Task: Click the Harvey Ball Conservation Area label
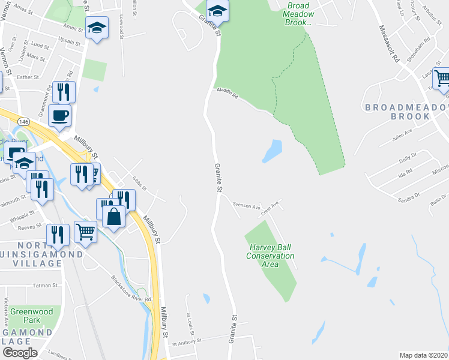point(270,256)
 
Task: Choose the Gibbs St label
point(139,184)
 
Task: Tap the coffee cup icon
point(60,115)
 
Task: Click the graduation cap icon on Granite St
point(217,10)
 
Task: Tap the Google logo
point(20,353)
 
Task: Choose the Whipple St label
point(20,216)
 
